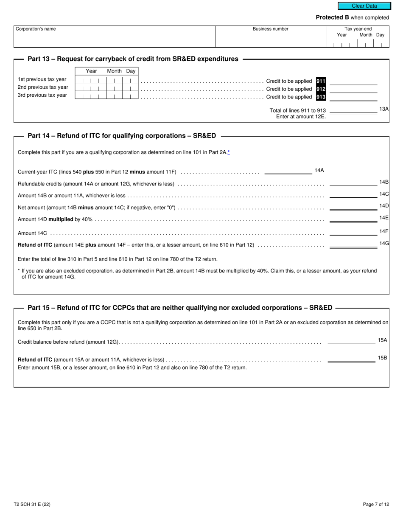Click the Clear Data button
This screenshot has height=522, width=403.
tap(364, 6)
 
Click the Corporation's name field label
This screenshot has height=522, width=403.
tap(36, 29)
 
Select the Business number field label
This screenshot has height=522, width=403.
tap(270, 29)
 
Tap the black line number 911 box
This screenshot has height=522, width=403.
tap(321, 81)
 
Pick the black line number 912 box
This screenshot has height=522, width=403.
tap(321, 89)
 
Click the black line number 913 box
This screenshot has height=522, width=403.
tap(321, 97)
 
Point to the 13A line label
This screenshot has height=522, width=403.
tap(383, 109)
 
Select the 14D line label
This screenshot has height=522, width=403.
tap(383, 206)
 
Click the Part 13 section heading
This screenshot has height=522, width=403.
tap(133, 59)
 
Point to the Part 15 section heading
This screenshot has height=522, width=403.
tap(180, 308)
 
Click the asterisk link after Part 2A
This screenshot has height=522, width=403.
tap(229, 152)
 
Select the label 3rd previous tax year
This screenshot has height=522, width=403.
tap(42, 95)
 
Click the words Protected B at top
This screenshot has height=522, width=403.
tap(332, 17)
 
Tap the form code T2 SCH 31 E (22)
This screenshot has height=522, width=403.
tap(32, 504)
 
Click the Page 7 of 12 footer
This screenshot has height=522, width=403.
tap(376, 504)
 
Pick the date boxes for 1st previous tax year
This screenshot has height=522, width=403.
tap(106, 80)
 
